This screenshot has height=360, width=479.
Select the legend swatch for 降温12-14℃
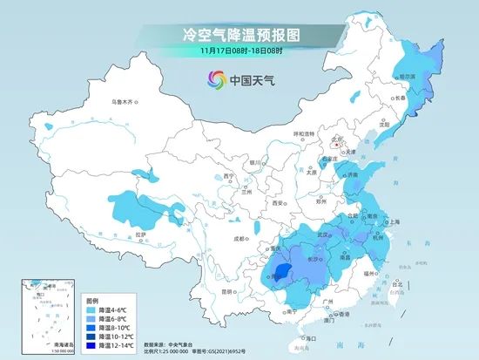tap(91, 345)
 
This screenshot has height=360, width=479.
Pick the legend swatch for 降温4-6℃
tap(91, 309)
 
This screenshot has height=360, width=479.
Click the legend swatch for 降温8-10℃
tap(91, 327)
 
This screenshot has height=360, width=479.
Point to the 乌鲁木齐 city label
tap(123, 102)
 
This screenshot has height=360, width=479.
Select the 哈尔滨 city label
tap(407, 77)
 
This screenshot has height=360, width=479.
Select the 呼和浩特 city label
tap(303, 133)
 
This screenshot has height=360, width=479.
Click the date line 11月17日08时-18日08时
tap(239, 51)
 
